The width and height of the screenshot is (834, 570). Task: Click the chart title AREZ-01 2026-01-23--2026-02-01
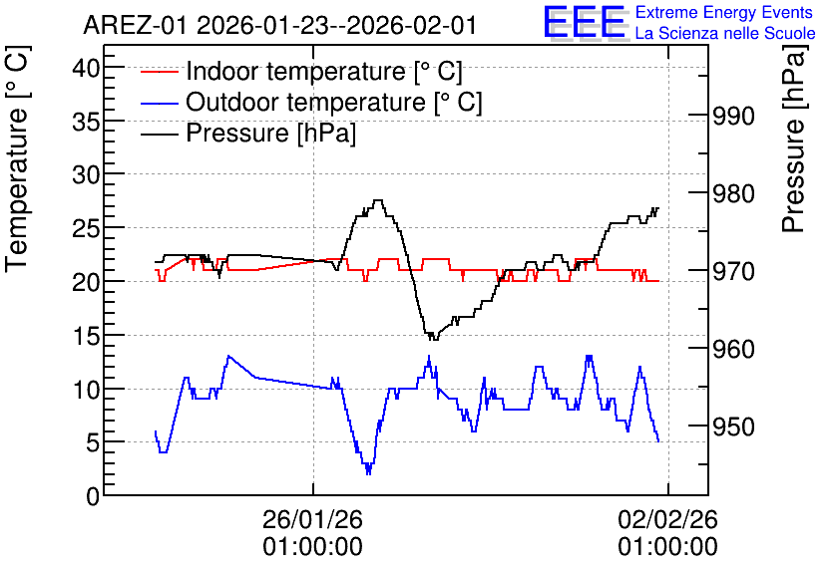pos(279,26)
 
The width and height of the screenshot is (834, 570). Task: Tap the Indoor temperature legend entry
pos(301,71)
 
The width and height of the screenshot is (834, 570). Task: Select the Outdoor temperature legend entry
pos(311,102)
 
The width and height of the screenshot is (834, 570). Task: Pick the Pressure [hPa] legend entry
pos(248,133)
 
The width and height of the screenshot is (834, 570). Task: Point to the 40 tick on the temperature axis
pos(86,68)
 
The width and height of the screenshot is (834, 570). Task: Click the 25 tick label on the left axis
pos(86,228)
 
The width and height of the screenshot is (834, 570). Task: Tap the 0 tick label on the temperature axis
pos(93,496)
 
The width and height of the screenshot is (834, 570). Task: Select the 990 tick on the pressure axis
pos(733,116)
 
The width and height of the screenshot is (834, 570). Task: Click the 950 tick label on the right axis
pos(733,427)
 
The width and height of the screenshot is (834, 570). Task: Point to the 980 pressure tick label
pos(733,193)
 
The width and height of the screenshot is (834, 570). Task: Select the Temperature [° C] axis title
pos(17,159)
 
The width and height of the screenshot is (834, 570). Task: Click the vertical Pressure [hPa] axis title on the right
pos(794,140)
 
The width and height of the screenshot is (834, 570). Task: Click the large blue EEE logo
pos(585,22)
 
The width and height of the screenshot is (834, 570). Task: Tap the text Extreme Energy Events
pos(724,12)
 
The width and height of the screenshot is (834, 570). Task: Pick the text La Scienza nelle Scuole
pos(725,34)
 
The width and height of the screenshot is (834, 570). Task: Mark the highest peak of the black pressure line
pos(378,200)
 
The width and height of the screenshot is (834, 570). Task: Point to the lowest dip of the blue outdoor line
pos(368,472)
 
